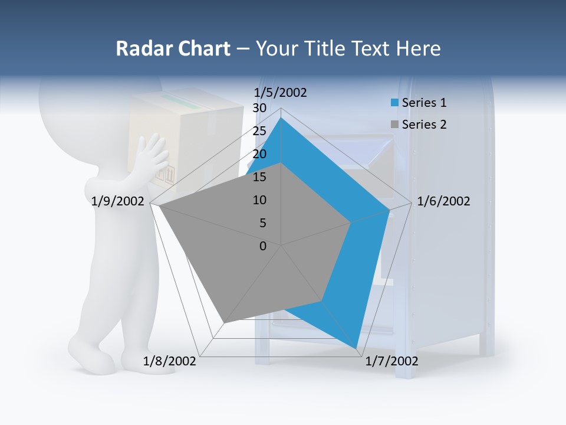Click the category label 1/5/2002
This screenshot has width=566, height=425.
(281, 92)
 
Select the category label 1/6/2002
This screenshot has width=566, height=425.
(443, 201)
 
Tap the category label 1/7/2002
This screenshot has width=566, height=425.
(391, 361)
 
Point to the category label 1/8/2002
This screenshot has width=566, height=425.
(170, 361)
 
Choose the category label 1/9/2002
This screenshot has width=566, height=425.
(118, 201)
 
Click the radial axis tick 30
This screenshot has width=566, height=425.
(259, 108)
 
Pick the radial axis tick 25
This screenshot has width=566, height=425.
(259, 131)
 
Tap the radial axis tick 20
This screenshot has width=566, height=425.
(259, 154)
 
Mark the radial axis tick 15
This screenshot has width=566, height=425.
(259, 177)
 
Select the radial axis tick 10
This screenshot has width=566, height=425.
(259, 200)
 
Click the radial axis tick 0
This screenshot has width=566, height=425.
(263, 246)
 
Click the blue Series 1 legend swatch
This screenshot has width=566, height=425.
(394, 103)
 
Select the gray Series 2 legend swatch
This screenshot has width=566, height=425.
(394, 125)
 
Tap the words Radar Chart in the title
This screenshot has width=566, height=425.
(173, 48)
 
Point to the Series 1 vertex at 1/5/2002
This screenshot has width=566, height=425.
(281, 118)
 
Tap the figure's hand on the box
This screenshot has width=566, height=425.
(152, 155)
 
